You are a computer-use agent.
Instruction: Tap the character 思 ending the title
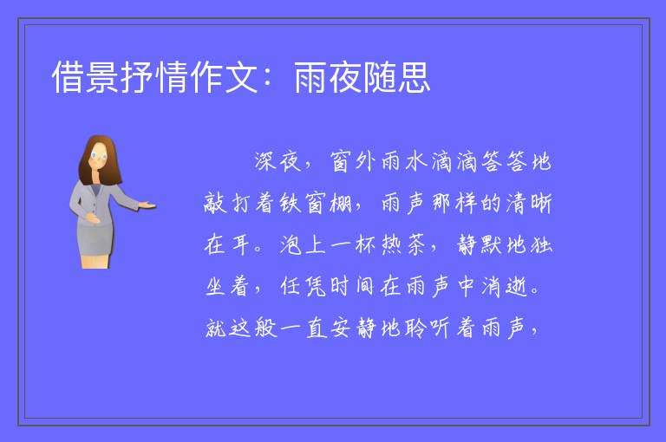coord(415,77)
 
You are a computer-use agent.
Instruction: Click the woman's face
coord(99,156)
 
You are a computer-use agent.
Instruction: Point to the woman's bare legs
coord(96,261)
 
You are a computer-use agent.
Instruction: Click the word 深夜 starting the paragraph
coord(278,161)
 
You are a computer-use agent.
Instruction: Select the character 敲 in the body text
coord(215,203)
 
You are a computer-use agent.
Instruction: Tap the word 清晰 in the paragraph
coord(529,203)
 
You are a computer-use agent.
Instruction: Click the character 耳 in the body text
coord(240,244)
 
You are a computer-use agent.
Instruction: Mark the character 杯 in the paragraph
coord(366,244)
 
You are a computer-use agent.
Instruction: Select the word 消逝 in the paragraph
coord(505,286)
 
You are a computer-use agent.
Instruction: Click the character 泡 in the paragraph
coord(291,244)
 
